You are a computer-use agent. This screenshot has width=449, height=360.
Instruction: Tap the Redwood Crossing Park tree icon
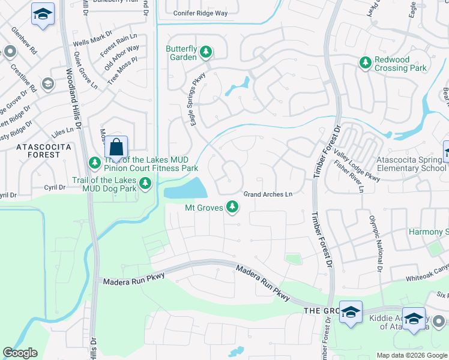pos(366,62)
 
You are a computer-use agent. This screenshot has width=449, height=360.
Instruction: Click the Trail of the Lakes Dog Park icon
pos(144,184)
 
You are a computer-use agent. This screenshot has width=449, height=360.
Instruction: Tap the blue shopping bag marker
pos(116,146)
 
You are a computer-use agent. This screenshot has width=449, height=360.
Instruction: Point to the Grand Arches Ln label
pos(268,194)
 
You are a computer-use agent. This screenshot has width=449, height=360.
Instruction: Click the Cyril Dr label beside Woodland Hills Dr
pos(55,187)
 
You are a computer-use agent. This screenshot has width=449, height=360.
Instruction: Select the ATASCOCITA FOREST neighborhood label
pos(39,151)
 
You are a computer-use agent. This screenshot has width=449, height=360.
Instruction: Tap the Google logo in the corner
pos(20,353)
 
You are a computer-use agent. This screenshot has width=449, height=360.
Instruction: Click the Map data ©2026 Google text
pos(411,355)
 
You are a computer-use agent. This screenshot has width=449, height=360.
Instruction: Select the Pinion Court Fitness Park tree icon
pos(95,162)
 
